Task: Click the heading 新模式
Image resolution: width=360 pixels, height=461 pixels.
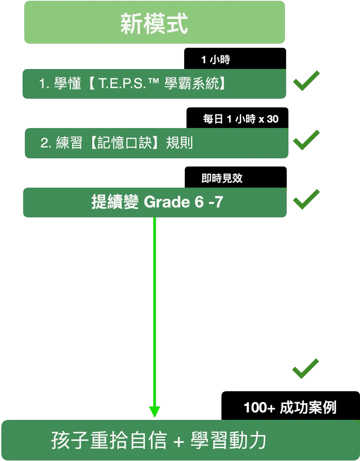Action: pos(154,24)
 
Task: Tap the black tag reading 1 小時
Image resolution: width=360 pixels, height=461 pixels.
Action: pos(216,60)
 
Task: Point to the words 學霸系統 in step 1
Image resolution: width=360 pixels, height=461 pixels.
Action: pos(192,83)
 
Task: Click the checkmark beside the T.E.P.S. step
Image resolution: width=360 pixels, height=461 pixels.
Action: pos(306,81)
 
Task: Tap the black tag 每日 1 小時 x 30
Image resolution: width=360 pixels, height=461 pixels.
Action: pos(241,119)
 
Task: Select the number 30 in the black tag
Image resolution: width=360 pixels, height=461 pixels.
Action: pos(273,119)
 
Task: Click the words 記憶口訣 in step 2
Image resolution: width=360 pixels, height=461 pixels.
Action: pos(125,143)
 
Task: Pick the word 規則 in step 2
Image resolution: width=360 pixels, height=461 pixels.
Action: pos(179,143)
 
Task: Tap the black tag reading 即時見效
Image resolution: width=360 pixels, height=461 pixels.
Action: pos(222,178)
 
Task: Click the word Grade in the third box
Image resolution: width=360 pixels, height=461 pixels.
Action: pos(167,202)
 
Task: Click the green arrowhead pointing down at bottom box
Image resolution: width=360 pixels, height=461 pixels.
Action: pos(155,411)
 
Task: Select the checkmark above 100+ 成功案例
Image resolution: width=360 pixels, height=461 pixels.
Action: pos(305,368)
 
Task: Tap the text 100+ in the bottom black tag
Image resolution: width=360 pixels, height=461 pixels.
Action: pos(259,407)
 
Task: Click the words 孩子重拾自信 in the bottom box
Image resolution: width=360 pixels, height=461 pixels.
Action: pos(109,441)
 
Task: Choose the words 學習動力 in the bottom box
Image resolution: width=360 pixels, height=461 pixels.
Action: pos(228,441)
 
